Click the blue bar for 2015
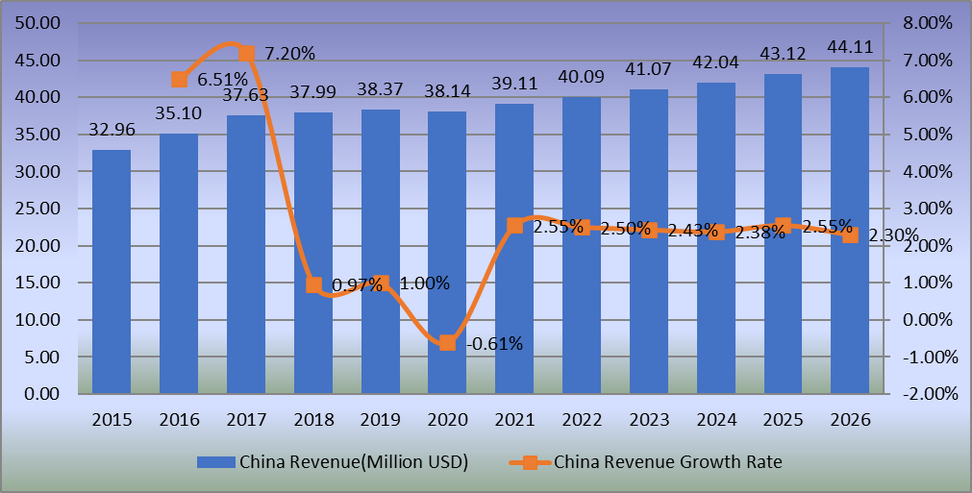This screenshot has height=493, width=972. (x=112, y=272)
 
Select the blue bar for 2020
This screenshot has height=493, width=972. (x=447, y=253)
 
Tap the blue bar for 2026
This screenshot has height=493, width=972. (x=850, y=231)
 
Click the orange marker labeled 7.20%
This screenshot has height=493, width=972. (x=246, y=54)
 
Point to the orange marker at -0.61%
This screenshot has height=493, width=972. (x=447, y=343)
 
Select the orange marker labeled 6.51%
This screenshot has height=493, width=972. (x=180, y=80)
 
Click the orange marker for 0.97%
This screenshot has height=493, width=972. (x=313, y=284)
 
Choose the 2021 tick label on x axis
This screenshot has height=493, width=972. (x=514, y=420)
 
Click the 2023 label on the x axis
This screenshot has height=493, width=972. (x=649, y=420)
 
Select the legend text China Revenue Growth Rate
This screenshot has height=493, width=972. (x=668, y=462)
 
